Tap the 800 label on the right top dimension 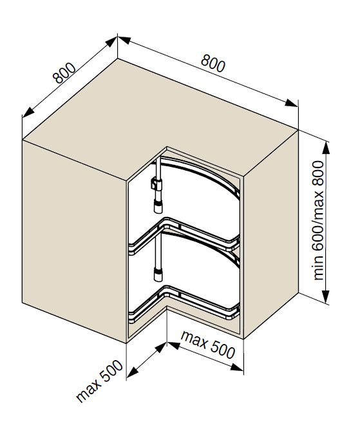213,63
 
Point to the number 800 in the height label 318,173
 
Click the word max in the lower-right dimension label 194,340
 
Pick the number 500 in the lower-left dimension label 111,372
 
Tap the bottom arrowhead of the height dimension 325,297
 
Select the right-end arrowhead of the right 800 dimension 292,103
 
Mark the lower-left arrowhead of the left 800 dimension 28,111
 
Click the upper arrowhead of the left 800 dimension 111,42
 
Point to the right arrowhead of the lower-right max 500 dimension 237,367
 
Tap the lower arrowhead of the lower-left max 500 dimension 133,370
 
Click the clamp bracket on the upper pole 156,184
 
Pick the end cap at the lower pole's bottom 158,274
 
